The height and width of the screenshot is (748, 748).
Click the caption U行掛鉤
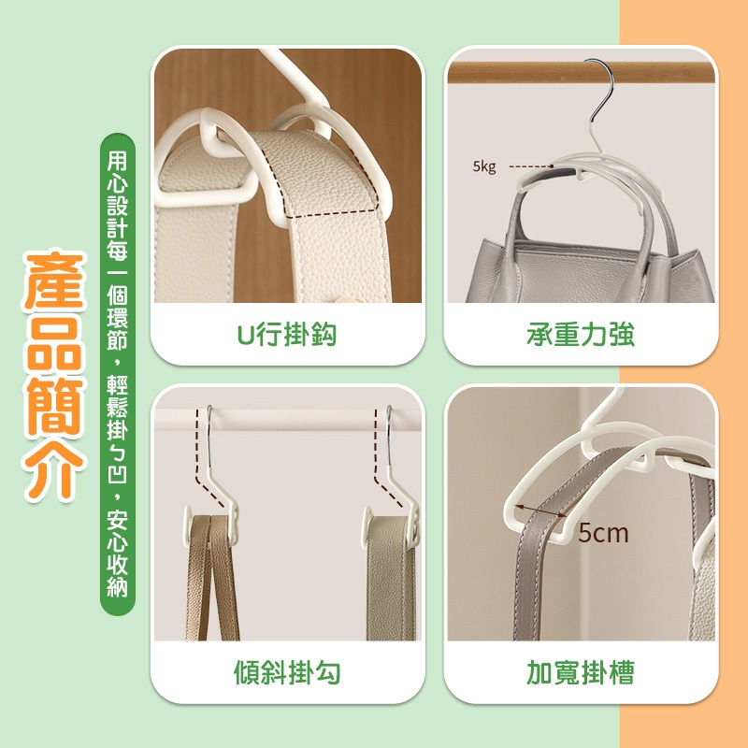287,334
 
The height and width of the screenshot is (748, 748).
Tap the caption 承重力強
581,334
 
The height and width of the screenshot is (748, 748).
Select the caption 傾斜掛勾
287,672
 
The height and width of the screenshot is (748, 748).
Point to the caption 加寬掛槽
581,672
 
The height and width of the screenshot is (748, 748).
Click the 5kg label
484,166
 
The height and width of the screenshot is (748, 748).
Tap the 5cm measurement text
603,533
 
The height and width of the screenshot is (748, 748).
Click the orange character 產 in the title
54,280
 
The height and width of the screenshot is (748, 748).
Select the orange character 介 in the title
54,470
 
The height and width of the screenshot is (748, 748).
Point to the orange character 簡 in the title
54,407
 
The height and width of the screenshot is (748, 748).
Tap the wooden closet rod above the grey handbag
581,73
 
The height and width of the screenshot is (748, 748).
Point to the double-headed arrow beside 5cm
541,511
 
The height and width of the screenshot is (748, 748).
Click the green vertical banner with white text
118,374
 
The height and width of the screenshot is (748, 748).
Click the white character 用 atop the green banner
118,160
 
